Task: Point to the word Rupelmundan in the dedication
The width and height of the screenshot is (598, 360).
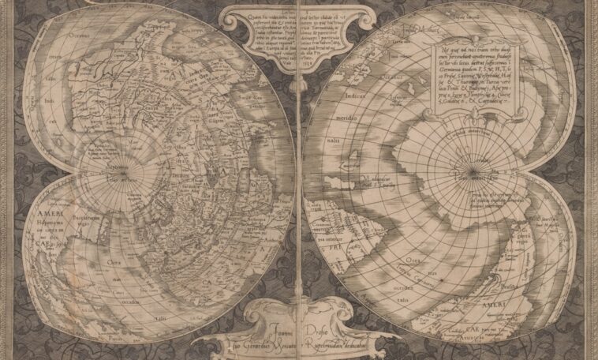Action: click(x=331, y=335)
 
